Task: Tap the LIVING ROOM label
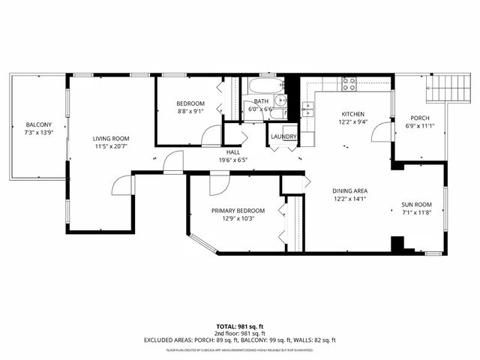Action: tap(111, 138)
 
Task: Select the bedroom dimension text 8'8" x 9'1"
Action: tap(190, 112)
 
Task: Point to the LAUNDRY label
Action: tap(283, 137)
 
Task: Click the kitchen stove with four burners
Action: tap(349, 84)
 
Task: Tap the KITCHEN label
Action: tap(352, 114)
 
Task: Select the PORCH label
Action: tap(420, 118)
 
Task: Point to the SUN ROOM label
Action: tap(416, 205)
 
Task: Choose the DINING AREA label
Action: tap(350, 191)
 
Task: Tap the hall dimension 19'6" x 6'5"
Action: tap(232, 160)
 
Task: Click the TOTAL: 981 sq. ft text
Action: tap(239, 326)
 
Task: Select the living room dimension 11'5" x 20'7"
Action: tap(111, 146)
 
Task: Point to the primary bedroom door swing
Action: tap(218, 184)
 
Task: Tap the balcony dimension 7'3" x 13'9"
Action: tap(39, 133)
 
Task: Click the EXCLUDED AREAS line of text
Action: tap(239, 340)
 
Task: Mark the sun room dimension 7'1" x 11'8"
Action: tap(416, 213)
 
